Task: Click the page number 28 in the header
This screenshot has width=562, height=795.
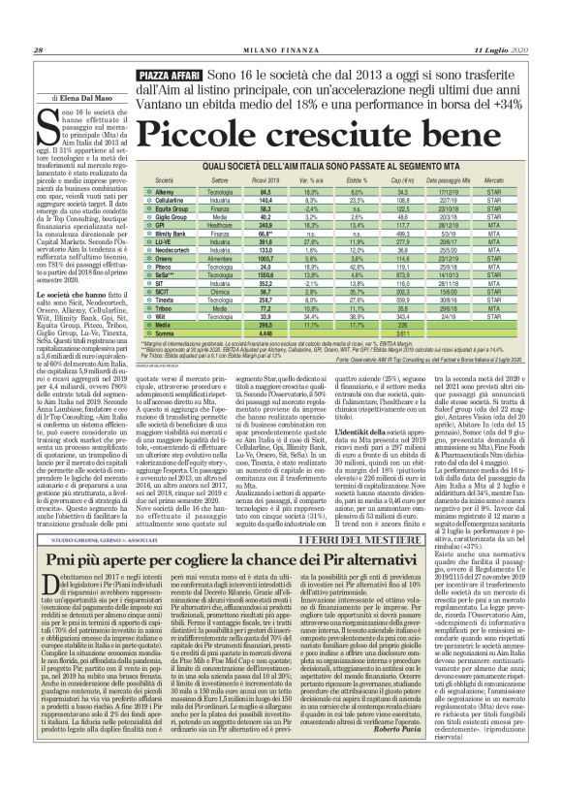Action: click(37, 24)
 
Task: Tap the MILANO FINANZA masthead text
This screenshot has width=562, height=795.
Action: click(282, 24)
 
